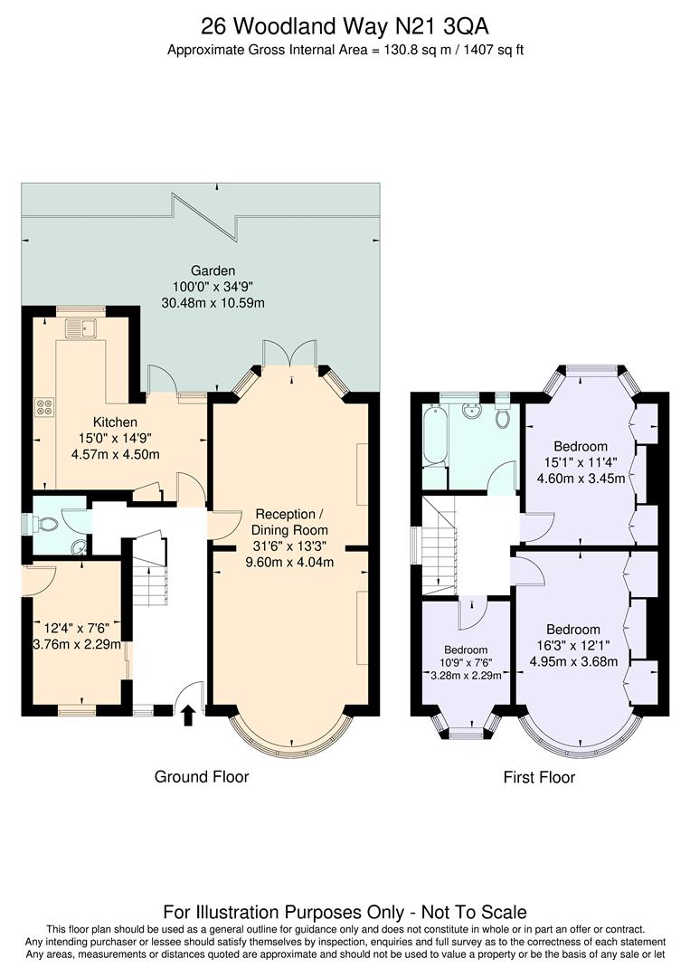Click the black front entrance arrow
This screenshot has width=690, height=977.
point(188,716)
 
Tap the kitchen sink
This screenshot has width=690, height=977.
point(88,327)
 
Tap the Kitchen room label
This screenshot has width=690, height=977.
point(114,422)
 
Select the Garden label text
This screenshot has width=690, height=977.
point(213,270)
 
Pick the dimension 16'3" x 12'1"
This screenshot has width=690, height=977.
point(573,645)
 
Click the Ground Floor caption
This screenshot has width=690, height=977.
point(202,776)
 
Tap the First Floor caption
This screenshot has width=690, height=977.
point(539,777)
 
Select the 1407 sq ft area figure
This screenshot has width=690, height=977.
point(491,50)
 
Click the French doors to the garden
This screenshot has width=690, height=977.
point(289,355)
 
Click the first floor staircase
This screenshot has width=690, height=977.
point(439,543)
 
